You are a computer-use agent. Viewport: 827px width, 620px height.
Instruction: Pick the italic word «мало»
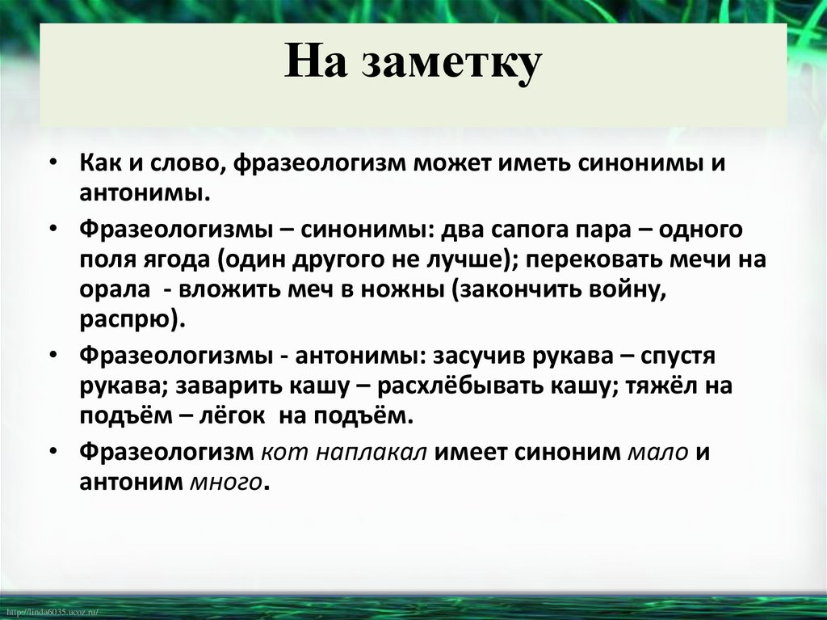tap(657, 453)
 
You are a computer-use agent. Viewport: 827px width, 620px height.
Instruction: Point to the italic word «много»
tap(225, 482)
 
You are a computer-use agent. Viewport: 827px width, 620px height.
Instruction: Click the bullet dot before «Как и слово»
tap(52, 162)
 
